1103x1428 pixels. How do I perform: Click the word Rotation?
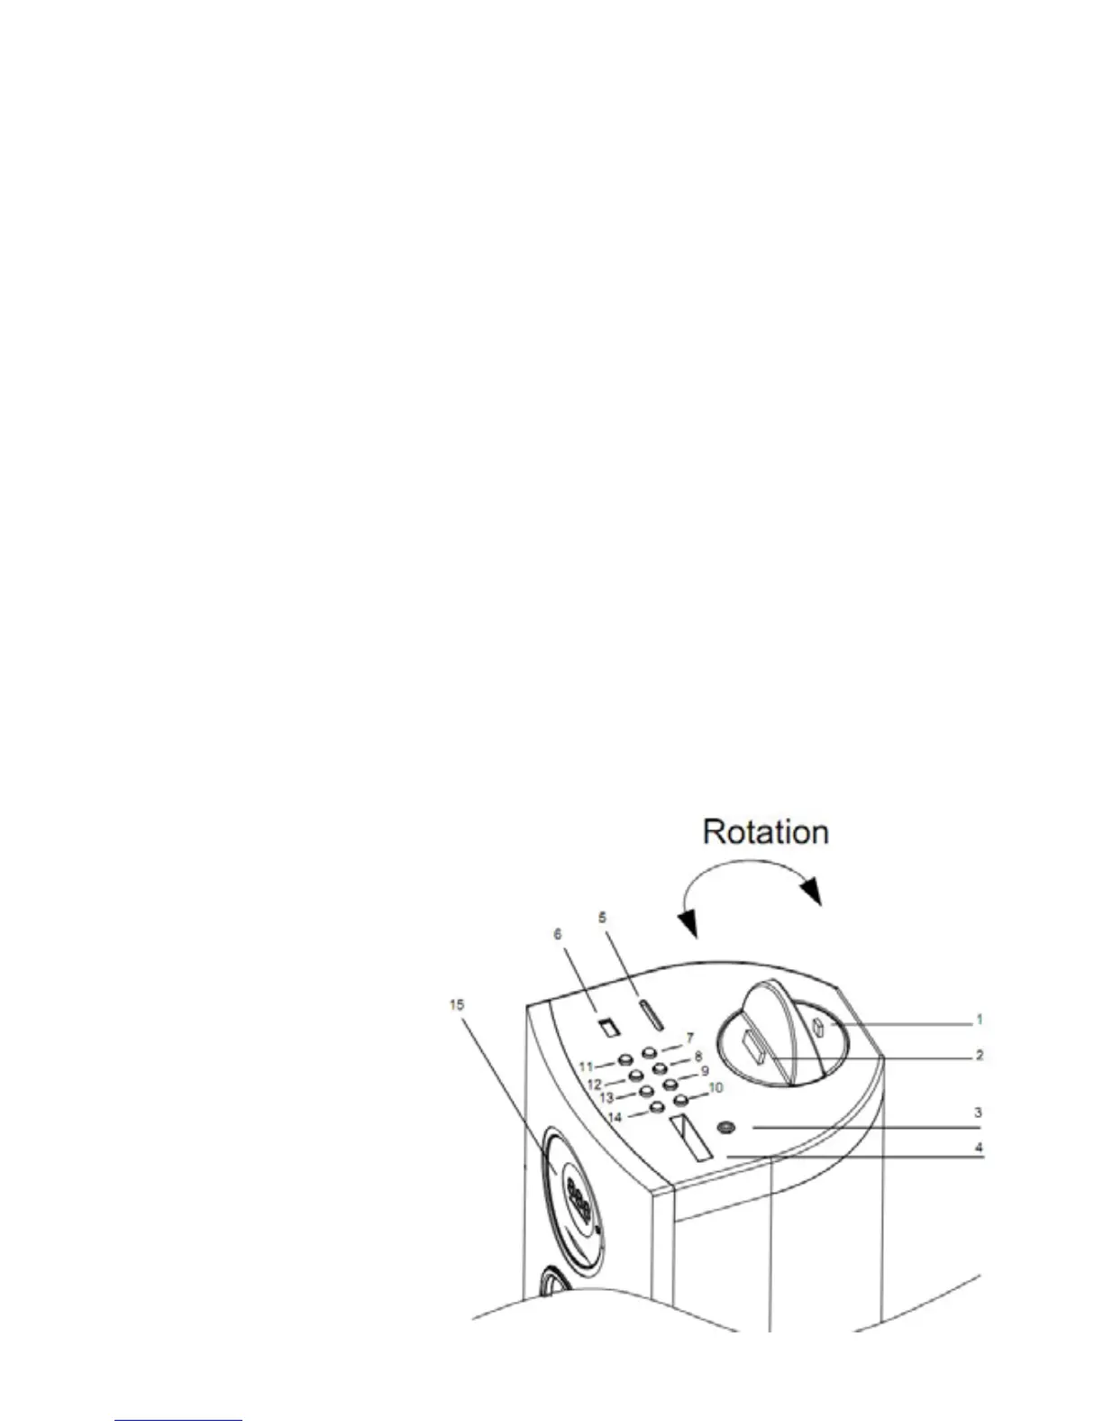(765, 831)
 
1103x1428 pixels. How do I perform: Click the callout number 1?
(979, 1021)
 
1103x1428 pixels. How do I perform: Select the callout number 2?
(979, 1054)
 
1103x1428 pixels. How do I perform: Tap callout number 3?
(979, 1113)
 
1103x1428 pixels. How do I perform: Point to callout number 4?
(979, 1149)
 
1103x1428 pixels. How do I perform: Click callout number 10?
(716, 1088)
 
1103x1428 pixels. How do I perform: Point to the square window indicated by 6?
(610, 1027)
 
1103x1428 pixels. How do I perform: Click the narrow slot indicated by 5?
(651, 1014)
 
